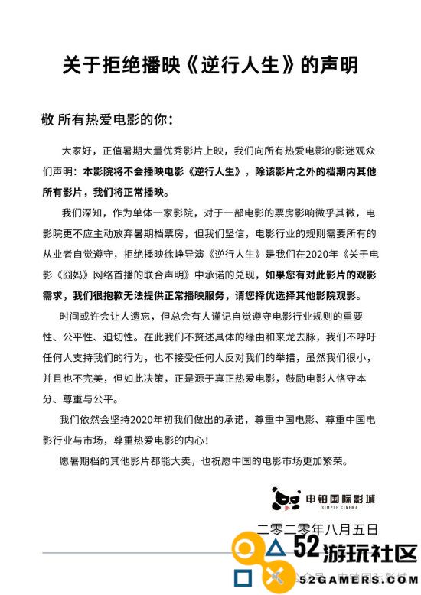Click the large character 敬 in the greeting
[47, 120]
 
